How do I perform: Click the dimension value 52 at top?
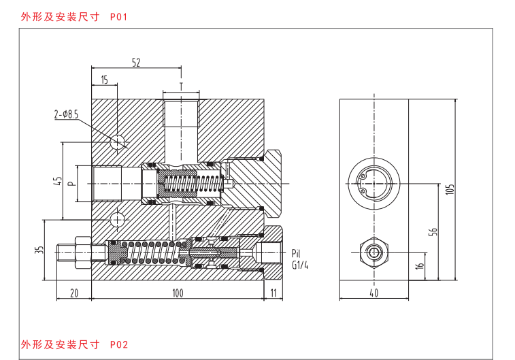pyautogui.click(x=136, y=63)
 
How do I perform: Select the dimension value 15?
pyautogui.click(x=105, y=80)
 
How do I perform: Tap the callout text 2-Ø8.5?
pyautogui.click(x=67, y=114)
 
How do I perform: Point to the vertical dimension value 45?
pyautogui.click(x=57, y=181)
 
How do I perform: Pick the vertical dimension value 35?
pyautogui.click(x=39, y=250)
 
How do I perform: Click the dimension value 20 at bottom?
pyautogui.click(x=74, y=293)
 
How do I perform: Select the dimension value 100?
pyautogui.click(x=178, y=293)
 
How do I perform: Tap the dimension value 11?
pyautogui.click(x=273, y=293)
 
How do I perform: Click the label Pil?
pyautogui.click(x=296, y=253)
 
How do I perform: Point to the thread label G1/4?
pyautogui.click(x=300, y=265)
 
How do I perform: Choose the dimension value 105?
pyautogui.click(x=450, y=189)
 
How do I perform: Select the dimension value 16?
pyautogui.click(x=420, y=266)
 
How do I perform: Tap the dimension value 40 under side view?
pyautogui.click(x=374, y=293)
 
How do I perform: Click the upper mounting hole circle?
pyautogui.click(x=116, y=142)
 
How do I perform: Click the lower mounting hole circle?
pyautogui.click(x=117, y=219)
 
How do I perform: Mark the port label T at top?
pyautogui.click(x=181, y=86)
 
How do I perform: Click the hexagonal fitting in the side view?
pyautogui.click(x=374, y=252)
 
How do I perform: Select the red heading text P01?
pyautogui.click(x=118, y=17)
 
